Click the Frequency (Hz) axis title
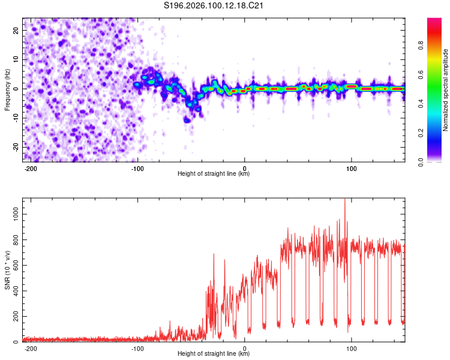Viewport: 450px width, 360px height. click(7, 89)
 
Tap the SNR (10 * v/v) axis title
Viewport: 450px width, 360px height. click(7, 270)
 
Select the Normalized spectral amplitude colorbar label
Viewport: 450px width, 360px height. click(445, 91)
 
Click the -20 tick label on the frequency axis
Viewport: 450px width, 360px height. click(15, 147)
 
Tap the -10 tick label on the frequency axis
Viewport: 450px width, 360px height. click(15, 118)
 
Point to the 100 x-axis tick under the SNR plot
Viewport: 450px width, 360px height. click(352, 348)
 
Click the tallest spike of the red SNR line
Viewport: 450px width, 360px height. click(344, 200)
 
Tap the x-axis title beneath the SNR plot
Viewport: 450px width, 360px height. click(214, 355)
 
